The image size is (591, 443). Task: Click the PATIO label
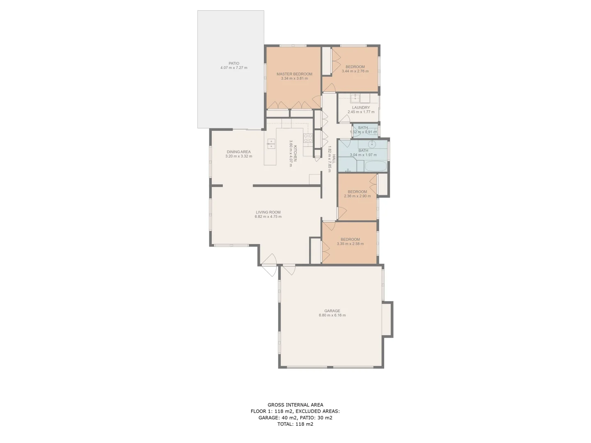tap(234, 64)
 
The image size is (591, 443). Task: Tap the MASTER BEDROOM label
tap(294, 74)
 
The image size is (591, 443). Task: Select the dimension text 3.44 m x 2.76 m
tap(355, 71)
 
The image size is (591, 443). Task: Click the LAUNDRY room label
tap(361, 107)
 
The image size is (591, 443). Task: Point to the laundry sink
tap(355, 98)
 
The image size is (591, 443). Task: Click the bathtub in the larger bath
tap(376, 167)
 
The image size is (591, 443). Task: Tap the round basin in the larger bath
tap(372, 144)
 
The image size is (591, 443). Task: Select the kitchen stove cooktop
tap(308, 139)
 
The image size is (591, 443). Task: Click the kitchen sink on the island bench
tap(271, 143)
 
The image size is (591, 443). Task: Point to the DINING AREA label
tap(239, 152)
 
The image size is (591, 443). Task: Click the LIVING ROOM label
tap(268, 212)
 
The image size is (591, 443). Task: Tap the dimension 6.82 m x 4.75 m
tap(268, 217)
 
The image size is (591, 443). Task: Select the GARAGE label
tap(332, 311)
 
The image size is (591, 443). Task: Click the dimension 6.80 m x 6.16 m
tap(332, 315)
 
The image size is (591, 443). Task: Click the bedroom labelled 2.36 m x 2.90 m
tap(357, 192)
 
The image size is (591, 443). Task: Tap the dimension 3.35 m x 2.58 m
tap(350, 244)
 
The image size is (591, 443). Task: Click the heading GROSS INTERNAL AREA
tap(295, 405)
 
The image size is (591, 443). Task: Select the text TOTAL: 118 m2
tap(295, 424)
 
